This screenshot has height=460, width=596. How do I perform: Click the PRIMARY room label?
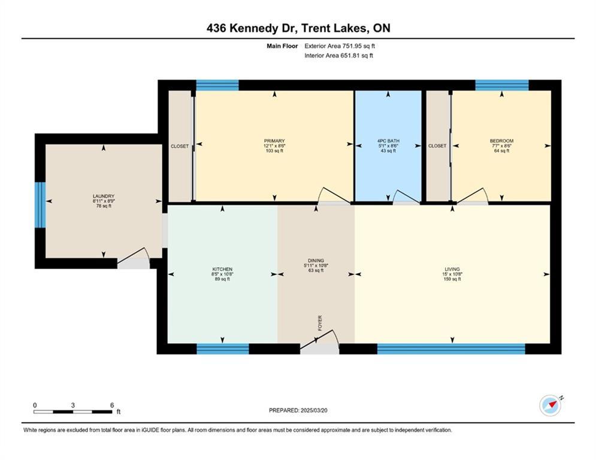[x=274, y=141]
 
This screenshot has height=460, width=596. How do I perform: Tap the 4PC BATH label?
[x=388, y=141]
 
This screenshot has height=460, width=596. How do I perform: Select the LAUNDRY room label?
[x=104, y=196]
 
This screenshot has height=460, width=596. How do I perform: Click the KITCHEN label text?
[x=222, y=270]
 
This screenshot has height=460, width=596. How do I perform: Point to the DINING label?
[x=316, y=261]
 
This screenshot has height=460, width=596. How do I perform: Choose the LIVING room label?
[x=452, y=270]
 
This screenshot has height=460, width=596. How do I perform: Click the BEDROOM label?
[x=501, y=141]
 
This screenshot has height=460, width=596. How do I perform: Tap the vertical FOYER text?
[x=320, y=323]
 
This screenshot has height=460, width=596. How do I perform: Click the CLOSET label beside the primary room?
[x=180, y=146]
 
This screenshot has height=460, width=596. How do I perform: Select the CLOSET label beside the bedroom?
[x=437, y=146]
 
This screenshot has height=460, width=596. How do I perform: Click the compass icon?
[x=550, y=405]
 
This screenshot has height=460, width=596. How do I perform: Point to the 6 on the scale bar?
[x=112, y=405]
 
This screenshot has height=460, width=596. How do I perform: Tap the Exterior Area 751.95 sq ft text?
[x=340, y=46]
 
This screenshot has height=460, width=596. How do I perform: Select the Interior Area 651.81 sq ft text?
[x=340, y=56]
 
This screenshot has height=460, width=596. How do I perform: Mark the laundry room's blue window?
[x=40, y=205]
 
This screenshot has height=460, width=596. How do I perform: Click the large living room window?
[x=451, y=349]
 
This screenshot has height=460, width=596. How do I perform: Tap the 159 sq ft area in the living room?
[x=452, y=279]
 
